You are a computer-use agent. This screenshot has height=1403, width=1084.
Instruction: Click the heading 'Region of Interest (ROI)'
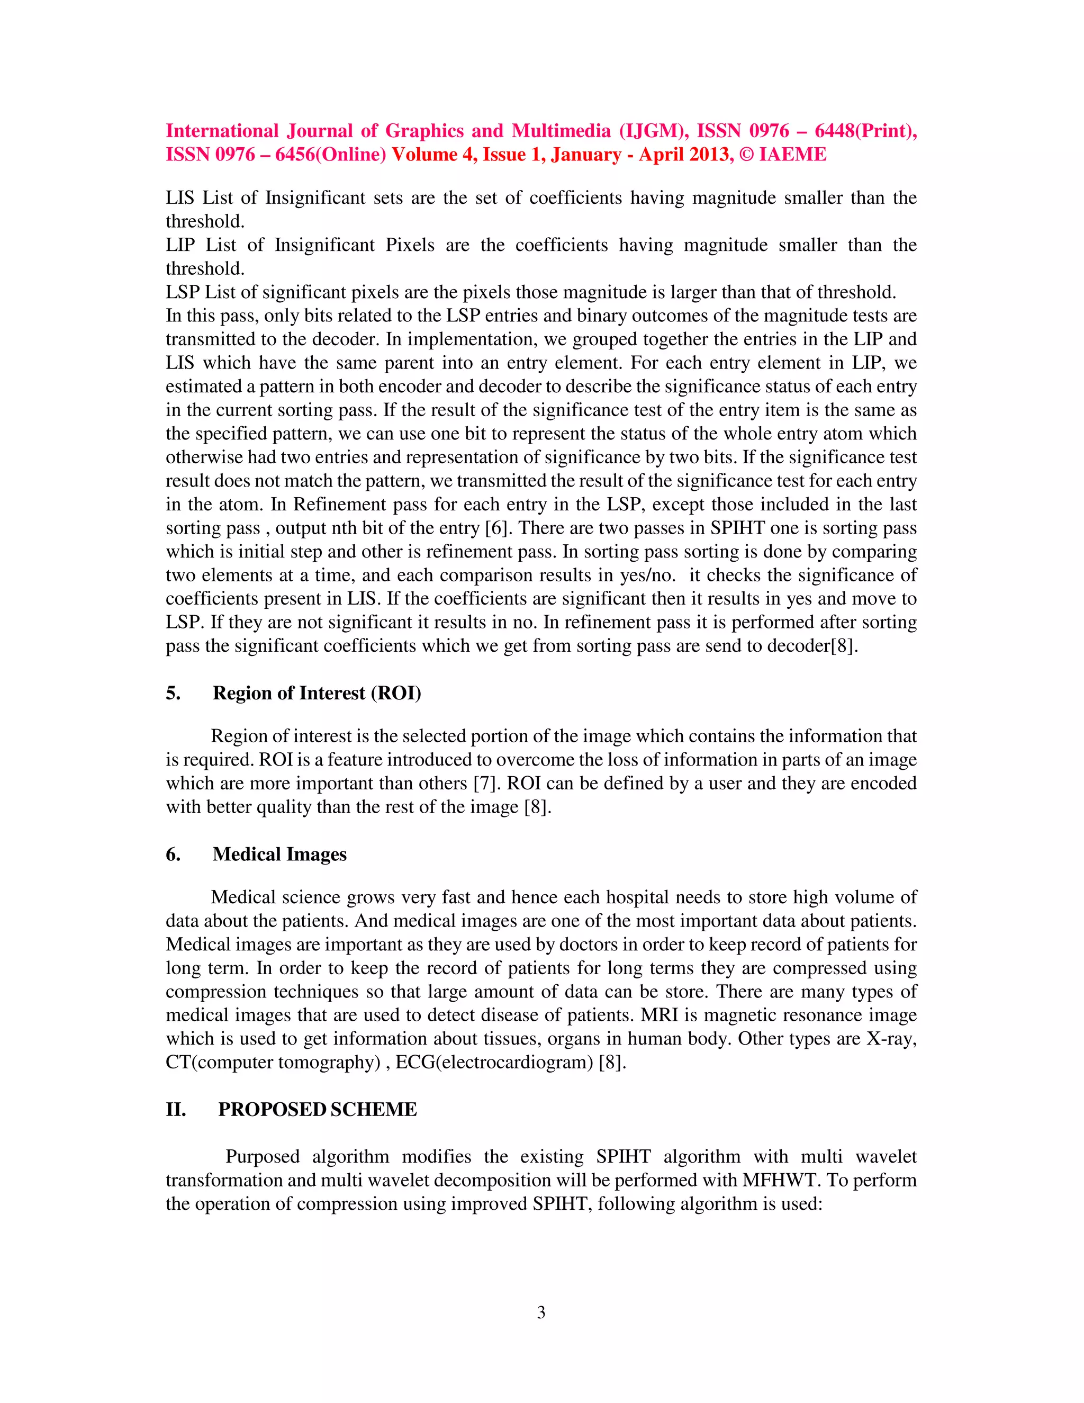click(x=317, y=693)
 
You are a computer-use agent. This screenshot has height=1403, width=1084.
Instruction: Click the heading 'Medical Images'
click(x=279, y=855)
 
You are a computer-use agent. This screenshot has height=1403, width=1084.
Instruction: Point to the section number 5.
click(x=173, y=693)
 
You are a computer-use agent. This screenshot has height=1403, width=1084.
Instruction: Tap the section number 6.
click(x=173, y=855)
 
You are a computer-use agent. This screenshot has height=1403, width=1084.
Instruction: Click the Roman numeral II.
click(x=176, y=1109)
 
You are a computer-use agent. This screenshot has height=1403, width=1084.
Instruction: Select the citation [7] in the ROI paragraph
click(x=485, y=784)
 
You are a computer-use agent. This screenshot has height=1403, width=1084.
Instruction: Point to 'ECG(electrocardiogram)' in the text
click(x=494, y=1063)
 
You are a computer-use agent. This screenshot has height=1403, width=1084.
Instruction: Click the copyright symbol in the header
click(x=747, y=155)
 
